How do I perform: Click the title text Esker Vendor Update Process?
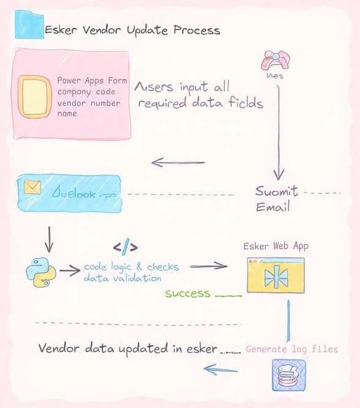[x=132, y=30]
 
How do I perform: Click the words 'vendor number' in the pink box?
[x=88, y=103]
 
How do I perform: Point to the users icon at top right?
[x=275, y=61]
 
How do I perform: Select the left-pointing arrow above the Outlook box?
[x=178, y=162]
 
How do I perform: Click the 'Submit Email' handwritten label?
[x=277, y=199]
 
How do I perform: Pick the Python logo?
[x=39, y=272]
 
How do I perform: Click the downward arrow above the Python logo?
[x=50, y=239]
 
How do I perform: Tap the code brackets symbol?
[x=126, y=247]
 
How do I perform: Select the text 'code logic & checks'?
[x=131, y=267]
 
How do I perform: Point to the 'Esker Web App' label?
[x=276, y=246]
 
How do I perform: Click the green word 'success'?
[x=187, y=294]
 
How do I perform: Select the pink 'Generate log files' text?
[x=291, y=349]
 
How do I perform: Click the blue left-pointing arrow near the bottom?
[x=220, y=369]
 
